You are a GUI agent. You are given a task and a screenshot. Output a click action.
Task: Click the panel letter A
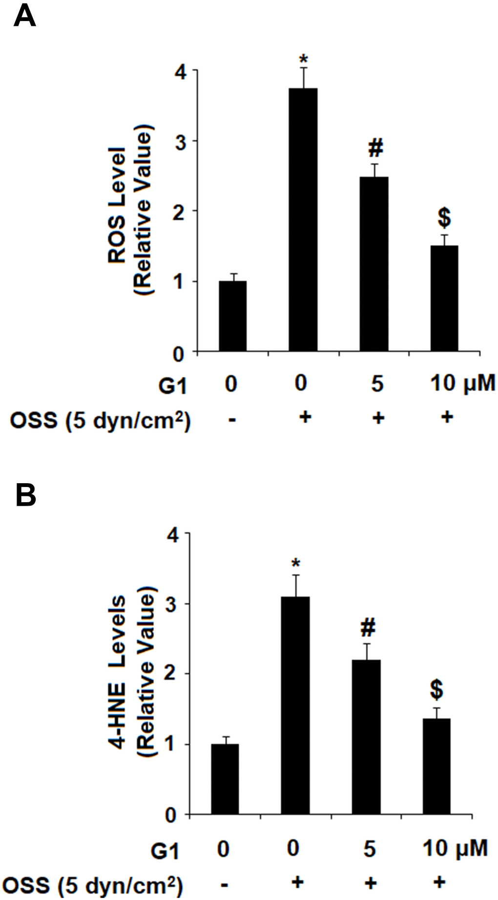coord(24,18)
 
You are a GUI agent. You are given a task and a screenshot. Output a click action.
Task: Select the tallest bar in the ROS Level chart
coord(303,220)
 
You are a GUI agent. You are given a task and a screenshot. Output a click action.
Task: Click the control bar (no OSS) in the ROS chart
coord(232,316)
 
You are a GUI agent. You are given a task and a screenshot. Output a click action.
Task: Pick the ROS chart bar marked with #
coord(374,264)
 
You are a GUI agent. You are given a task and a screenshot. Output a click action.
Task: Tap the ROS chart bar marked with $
coord(444,298)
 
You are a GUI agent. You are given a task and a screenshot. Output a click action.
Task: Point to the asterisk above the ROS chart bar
coord(304,60)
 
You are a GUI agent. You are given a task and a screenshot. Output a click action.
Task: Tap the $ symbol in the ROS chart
coord(444,218)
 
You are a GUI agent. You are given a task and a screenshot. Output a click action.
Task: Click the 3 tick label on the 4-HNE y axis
coord(174,604)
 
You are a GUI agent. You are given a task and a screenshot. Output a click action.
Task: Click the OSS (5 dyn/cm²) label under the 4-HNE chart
coord(93,884)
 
